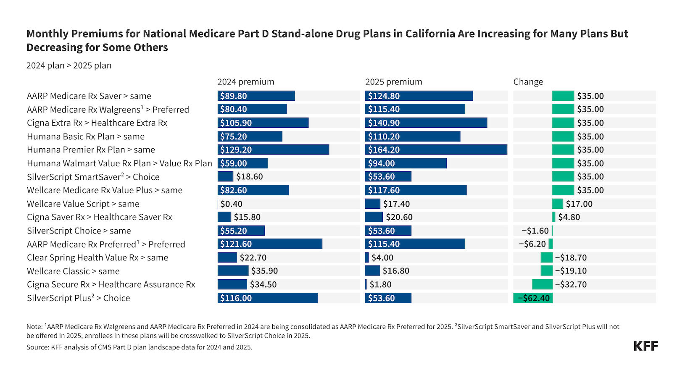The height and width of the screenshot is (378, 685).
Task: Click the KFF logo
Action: (645, 346)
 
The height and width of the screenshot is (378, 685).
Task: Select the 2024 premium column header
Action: (245, 82)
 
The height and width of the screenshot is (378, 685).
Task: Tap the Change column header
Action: (528, 82)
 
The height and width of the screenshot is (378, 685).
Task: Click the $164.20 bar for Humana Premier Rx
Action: (436, 150)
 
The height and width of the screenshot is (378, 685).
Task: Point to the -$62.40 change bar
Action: (532, 298)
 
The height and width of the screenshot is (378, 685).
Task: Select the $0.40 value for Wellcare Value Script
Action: (231, 204)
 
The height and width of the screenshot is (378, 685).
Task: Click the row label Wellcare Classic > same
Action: (73, 271)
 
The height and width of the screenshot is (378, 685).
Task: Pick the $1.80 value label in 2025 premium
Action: (380, 284)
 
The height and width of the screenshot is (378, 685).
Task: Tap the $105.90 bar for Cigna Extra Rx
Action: (263, 123)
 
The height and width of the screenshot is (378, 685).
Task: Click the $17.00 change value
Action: (579, 204)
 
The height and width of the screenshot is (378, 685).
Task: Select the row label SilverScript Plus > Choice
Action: (78, 298)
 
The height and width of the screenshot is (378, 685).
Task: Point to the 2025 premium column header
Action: (393, 82)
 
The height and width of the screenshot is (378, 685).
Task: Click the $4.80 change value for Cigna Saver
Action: (569, 217)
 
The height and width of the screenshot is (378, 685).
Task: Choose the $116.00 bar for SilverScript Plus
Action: (267, 298)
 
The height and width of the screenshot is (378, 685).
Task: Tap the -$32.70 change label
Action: (570, 284)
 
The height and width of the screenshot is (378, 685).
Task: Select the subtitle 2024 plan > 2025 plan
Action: (69, 66)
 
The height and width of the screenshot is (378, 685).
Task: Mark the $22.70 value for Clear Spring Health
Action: (253, 257)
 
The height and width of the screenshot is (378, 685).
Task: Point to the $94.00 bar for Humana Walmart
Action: (406, 163)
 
